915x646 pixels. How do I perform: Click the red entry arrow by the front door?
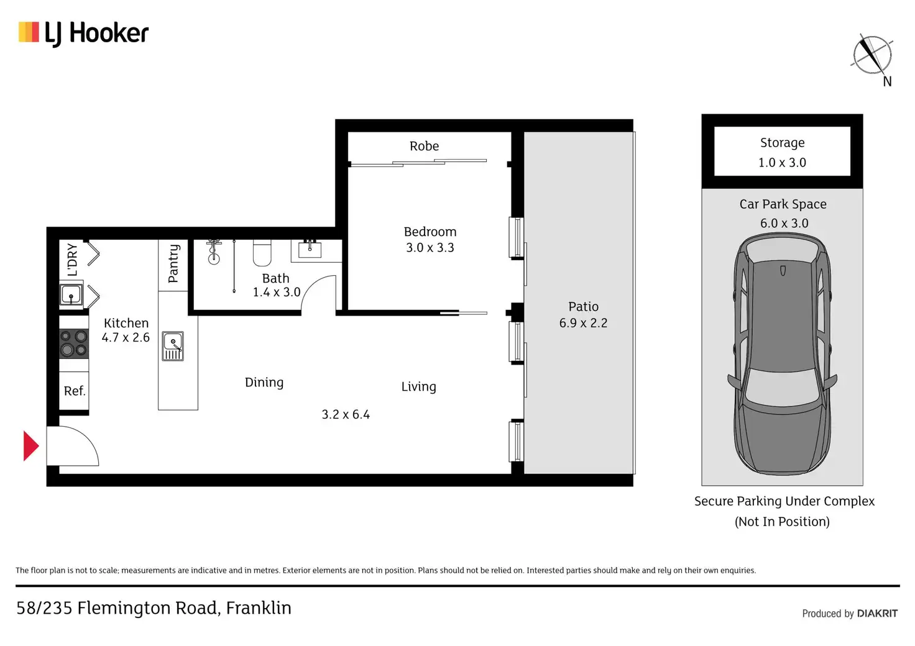(x=31, y=446)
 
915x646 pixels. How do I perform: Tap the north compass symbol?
(x=873, y=56)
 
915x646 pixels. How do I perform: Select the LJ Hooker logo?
(x=83, y=34)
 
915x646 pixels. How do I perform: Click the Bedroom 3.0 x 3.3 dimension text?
(x=430, y=247)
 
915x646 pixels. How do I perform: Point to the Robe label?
(x=424, y=146)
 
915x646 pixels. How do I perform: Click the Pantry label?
(x=173, y=263)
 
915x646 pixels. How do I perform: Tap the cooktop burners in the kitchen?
(x=74, y=343)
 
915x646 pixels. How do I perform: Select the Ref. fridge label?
(x=75, y=391)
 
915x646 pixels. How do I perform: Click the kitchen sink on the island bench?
(x=173, y=346)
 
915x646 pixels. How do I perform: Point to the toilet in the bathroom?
(x=262, y=253)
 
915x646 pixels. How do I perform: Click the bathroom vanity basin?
(x=310, y=249)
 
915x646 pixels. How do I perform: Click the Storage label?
(x=782, y=143)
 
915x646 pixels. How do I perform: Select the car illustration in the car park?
(x=782, y=354)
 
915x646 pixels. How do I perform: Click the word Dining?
(x=264, y=383)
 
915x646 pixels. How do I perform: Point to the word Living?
(x=419, y=386)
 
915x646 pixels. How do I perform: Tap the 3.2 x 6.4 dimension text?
(x=346, y=414)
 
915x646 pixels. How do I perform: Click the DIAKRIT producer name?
(x=878, y=613)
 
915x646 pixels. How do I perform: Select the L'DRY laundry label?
(x=72, y=260)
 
